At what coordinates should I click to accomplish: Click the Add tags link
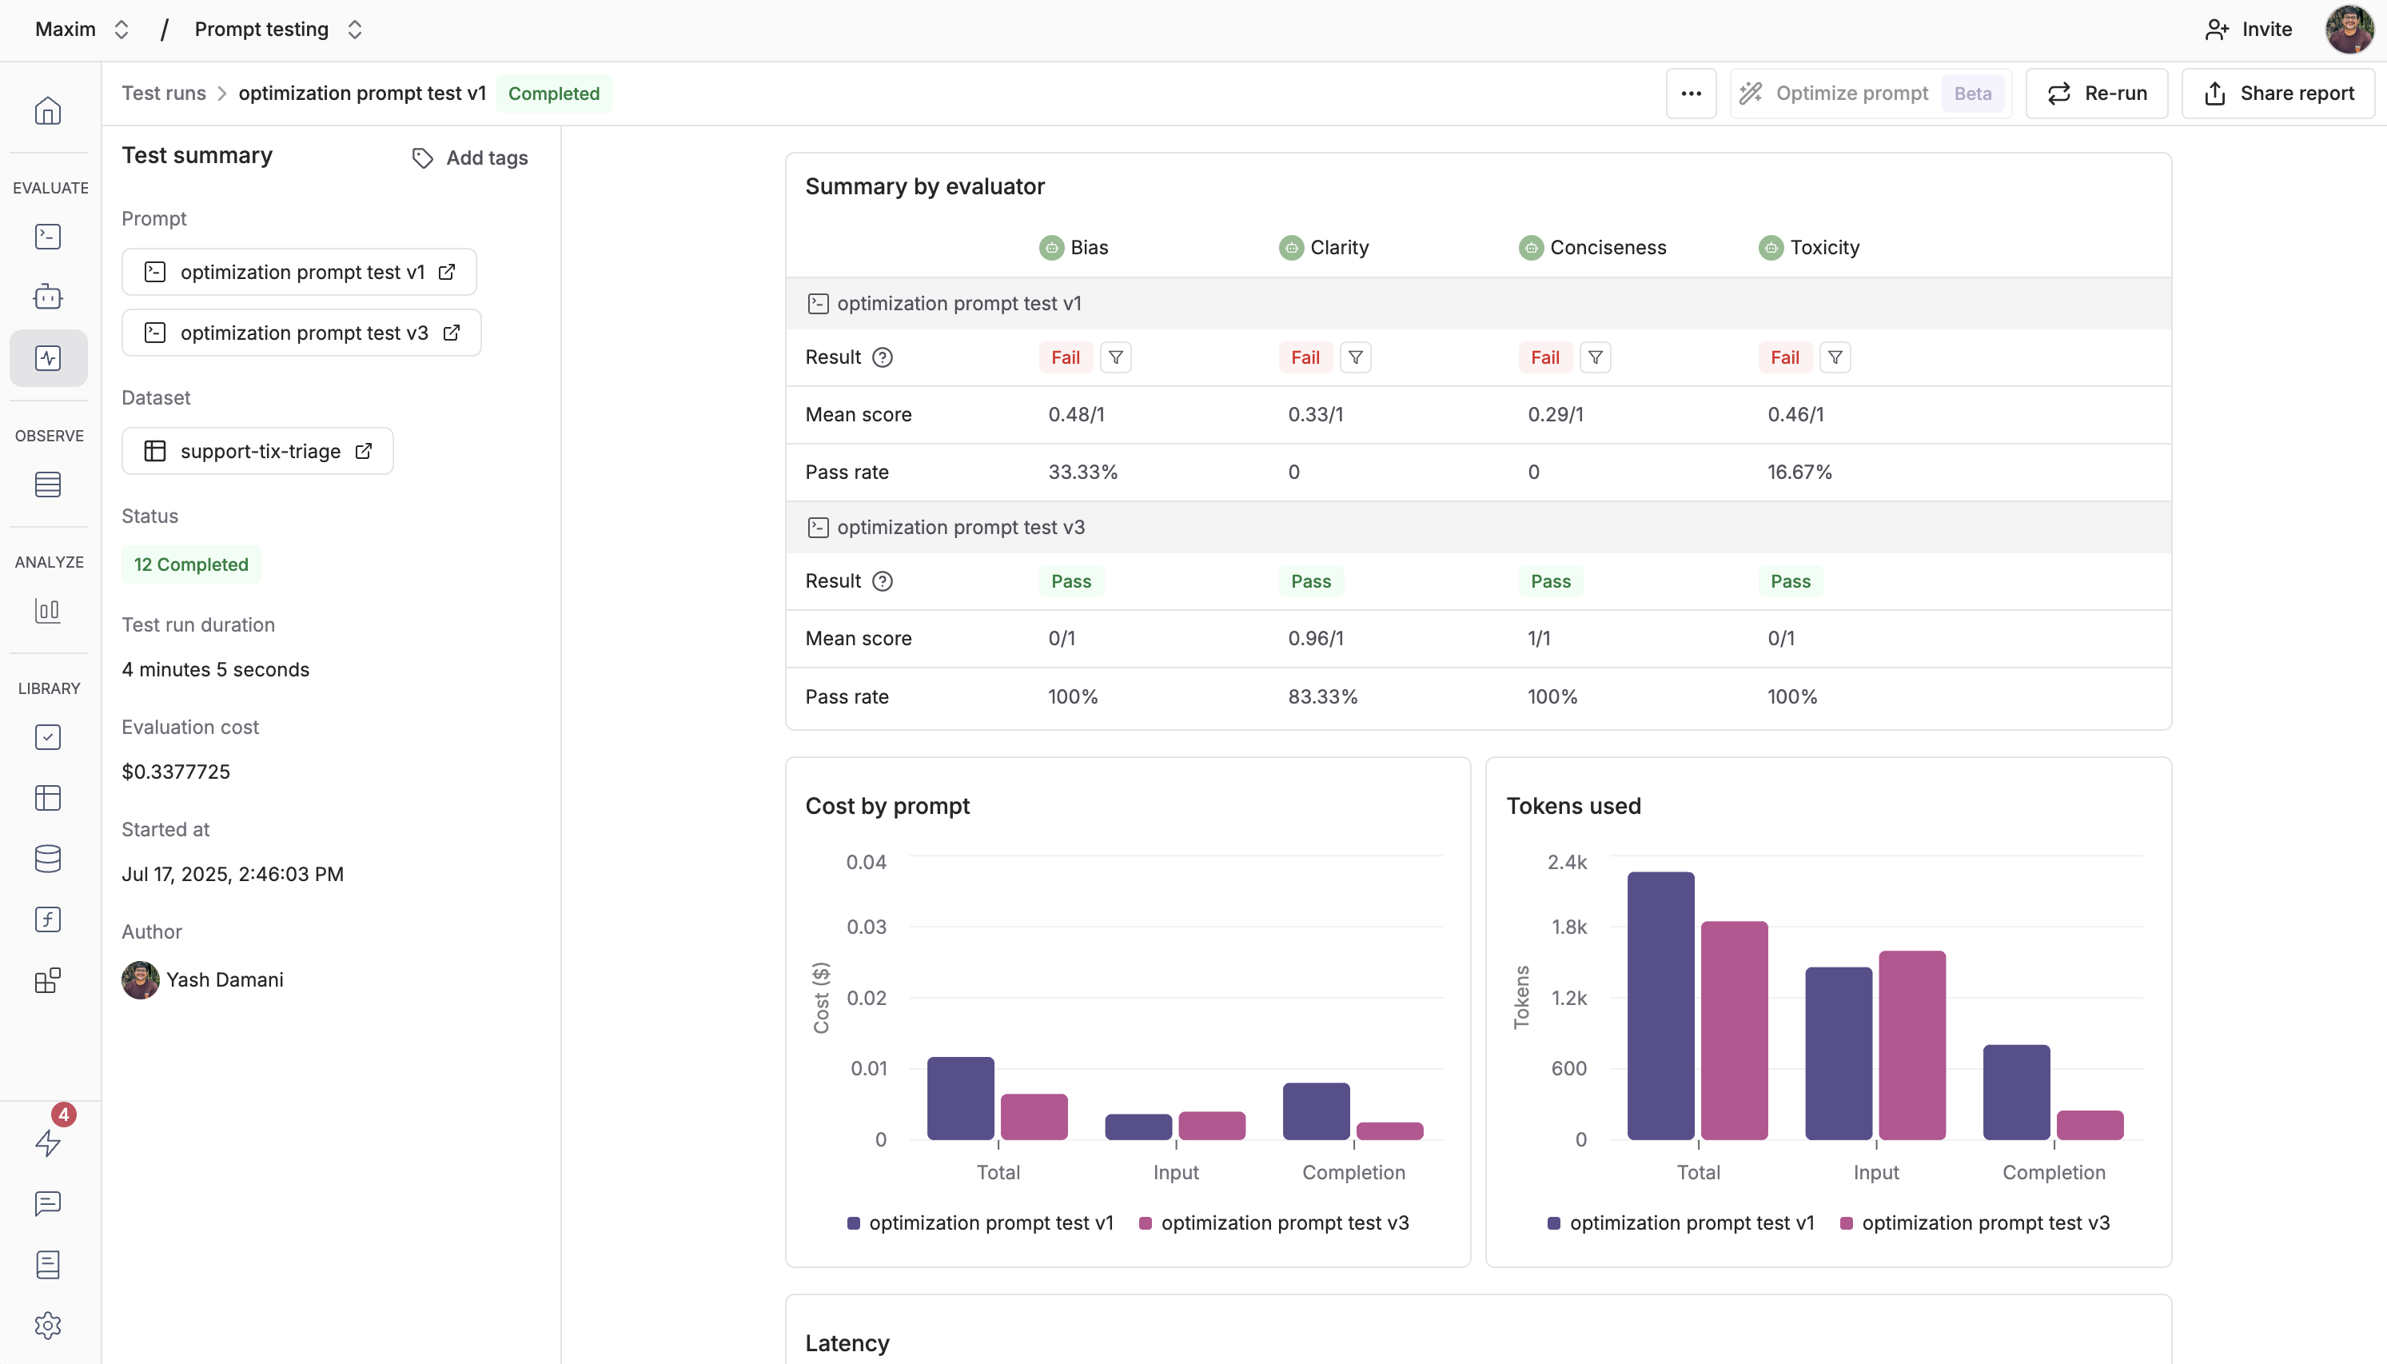pos(470,158)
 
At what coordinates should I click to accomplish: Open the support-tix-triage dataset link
pos(257,452)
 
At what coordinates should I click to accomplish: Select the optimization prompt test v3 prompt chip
pos(301,333)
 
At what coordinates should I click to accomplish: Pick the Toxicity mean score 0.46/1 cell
pos(1795,415)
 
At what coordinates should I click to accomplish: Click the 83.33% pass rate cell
pos(1322,697)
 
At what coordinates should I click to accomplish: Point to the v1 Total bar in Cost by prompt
pos(960,1098)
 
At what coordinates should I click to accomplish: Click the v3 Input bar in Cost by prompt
pos(1212,1125)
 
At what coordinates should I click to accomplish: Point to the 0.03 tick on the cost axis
pos(867,927)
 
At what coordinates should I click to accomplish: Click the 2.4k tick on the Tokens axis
pos(1567,862)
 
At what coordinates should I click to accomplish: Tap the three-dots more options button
pos(1690,94)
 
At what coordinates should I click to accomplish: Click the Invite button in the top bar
pos(2250,29)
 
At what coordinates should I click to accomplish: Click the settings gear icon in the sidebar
pos(48,1325)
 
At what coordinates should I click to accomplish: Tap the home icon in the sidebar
pos(48,111)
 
